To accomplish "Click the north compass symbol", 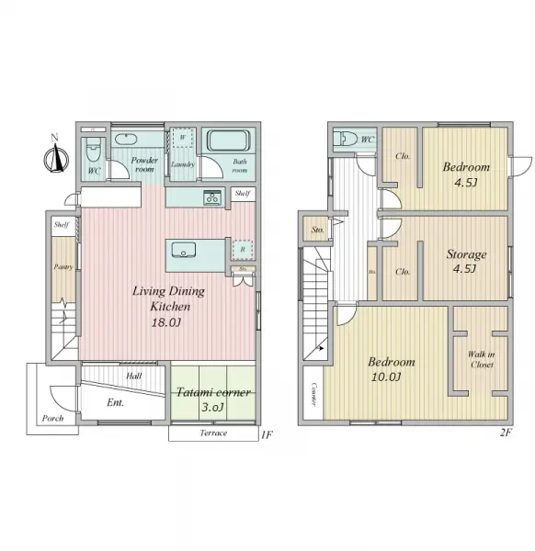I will click(55, 158).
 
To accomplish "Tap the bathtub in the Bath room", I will click(226, 141).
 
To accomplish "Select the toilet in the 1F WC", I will click(93, 150).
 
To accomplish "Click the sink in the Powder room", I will click(128, 140).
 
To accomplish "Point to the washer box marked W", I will click(183, 138).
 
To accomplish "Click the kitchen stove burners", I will click(213, 197).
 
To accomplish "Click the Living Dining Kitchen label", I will click(168, 298).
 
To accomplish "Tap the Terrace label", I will click(212, 433).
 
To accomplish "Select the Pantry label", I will click(62, 267).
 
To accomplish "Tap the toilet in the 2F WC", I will click(347, 139).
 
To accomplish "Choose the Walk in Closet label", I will click(481, 358).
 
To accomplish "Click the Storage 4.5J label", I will click(466, 261).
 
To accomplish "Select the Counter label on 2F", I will click(313, 393).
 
